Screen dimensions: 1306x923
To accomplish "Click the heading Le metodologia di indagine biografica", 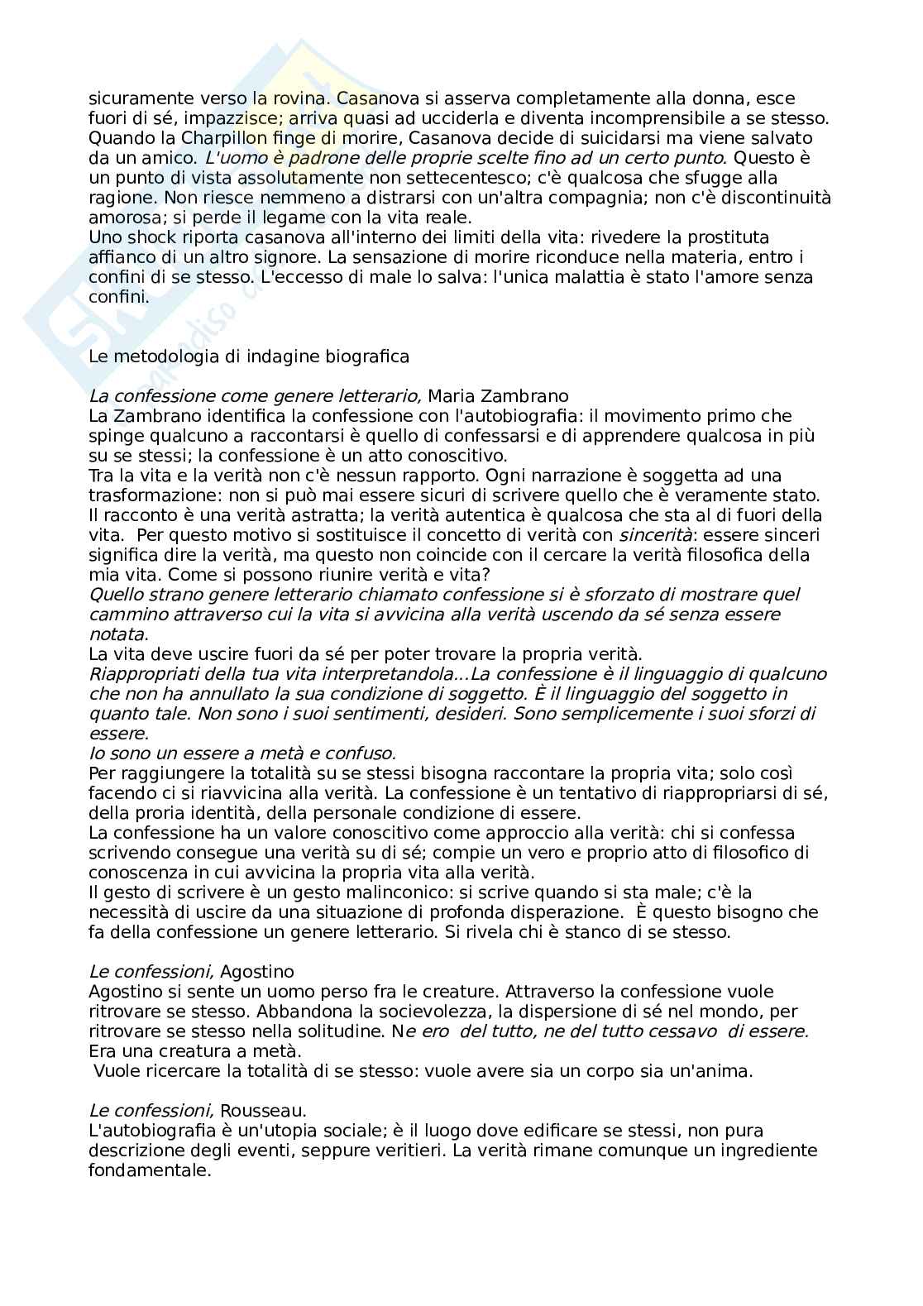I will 249,356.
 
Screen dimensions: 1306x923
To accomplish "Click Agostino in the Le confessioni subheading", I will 257,972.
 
